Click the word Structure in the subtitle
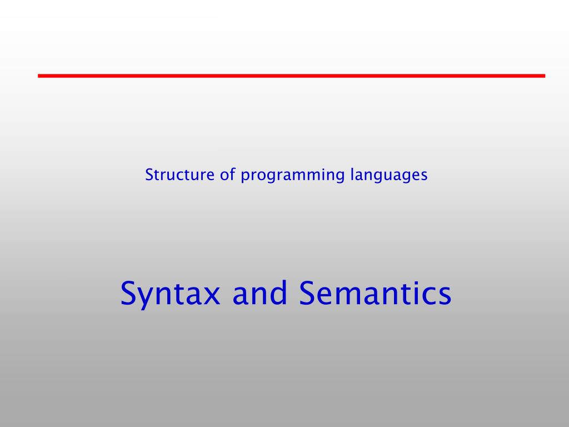point(172,175)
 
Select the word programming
point(293,176)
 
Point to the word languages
point(389,176)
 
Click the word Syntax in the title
point(170,295)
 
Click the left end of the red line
point(39,76)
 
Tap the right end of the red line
point(544,76)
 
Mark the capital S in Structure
point(149,175)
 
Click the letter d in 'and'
point(277,292)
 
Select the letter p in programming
point(244,177)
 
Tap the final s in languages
point(424,176)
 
